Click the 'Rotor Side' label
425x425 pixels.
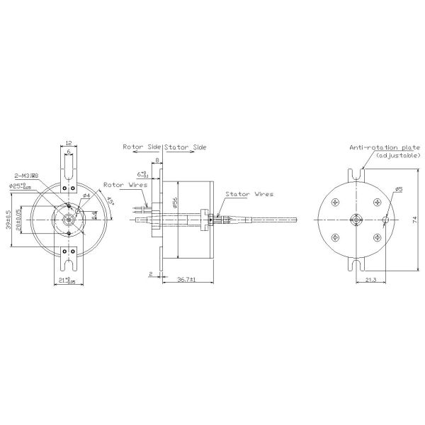pyautogui.click(x=142, y=148)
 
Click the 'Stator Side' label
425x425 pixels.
pyautogui.click(x=186, y=148)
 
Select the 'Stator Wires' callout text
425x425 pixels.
pyautogui.click(x=249, y=193)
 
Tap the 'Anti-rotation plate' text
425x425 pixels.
pyautogui.click(x=384, y=148)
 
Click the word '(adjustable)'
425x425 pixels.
pyautogui.click(x=397, y=155)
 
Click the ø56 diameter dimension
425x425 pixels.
pyautogui.click(x=175, y=201)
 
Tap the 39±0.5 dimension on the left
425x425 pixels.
pyautogui.click(x=8, y=220)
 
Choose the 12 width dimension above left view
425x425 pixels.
pyautogui.click(x=68, y=142)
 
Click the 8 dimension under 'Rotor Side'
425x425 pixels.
pyautogui.click(x=157, y=161)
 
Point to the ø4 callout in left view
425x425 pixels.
pyautogui.click(x=85, y=195)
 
